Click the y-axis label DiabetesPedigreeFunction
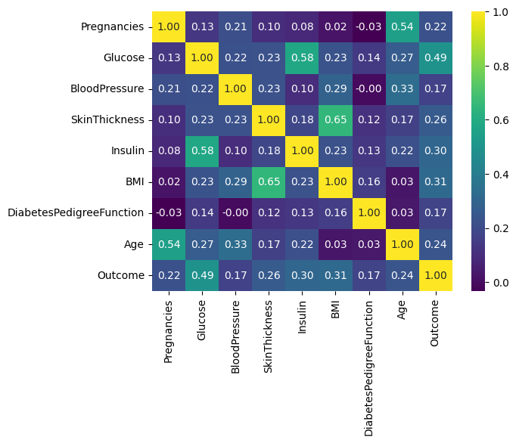click(x=76, y=213)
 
